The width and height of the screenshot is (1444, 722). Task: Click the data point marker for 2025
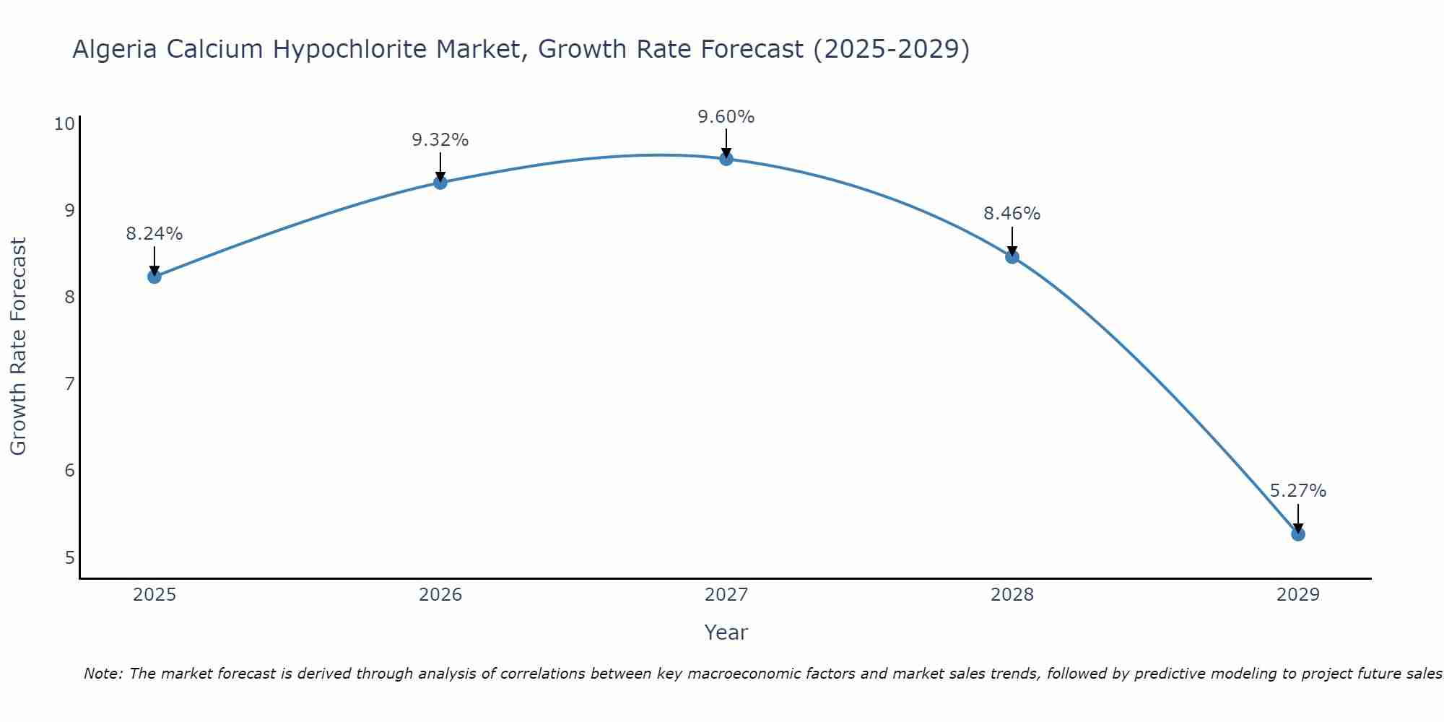[x=155, y=277]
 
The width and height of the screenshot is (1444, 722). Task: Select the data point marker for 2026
[x=440, y=183]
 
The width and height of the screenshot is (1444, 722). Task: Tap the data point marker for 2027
[x=726, y=159]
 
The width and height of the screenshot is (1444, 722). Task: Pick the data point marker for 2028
[x=1012, y=257]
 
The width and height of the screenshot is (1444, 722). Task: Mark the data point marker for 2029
[x=1297, y=534]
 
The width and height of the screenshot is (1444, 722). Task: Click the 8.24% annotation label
[x=155, y=234]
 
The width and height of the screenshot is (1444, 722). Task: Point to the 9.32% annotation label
[x=440, y=140]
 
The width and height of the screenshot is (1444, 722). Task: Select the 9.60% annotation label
[x=726, y=116]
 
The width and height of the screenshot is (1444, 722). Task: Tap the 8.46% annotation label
[x=1012, y=214]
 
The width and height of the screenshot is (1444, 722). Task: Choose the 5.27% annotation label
[x=1297, y=491]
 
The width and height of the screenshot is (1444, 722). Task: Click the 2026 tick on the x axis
[x=440, y=595]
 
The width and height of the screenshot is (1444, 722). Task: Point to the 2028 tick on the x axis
[x=1012, y=595]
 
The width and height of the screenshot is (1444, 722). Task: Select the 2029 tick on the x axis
[x=1297, y=595]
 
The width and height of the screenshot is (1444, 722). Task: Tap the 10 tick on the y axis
[x=65, y=124]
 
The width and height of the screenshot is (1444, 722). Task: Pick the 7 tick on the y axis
[x=69, y=384]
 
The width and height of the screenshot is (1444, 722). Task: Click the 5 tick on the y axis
[x=69, y=558]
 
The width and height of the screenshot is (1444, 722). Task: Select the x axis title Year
[x=726, y=632]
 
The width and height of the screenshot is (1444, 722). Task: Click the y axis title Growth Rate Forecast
[x=18, y=347]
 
